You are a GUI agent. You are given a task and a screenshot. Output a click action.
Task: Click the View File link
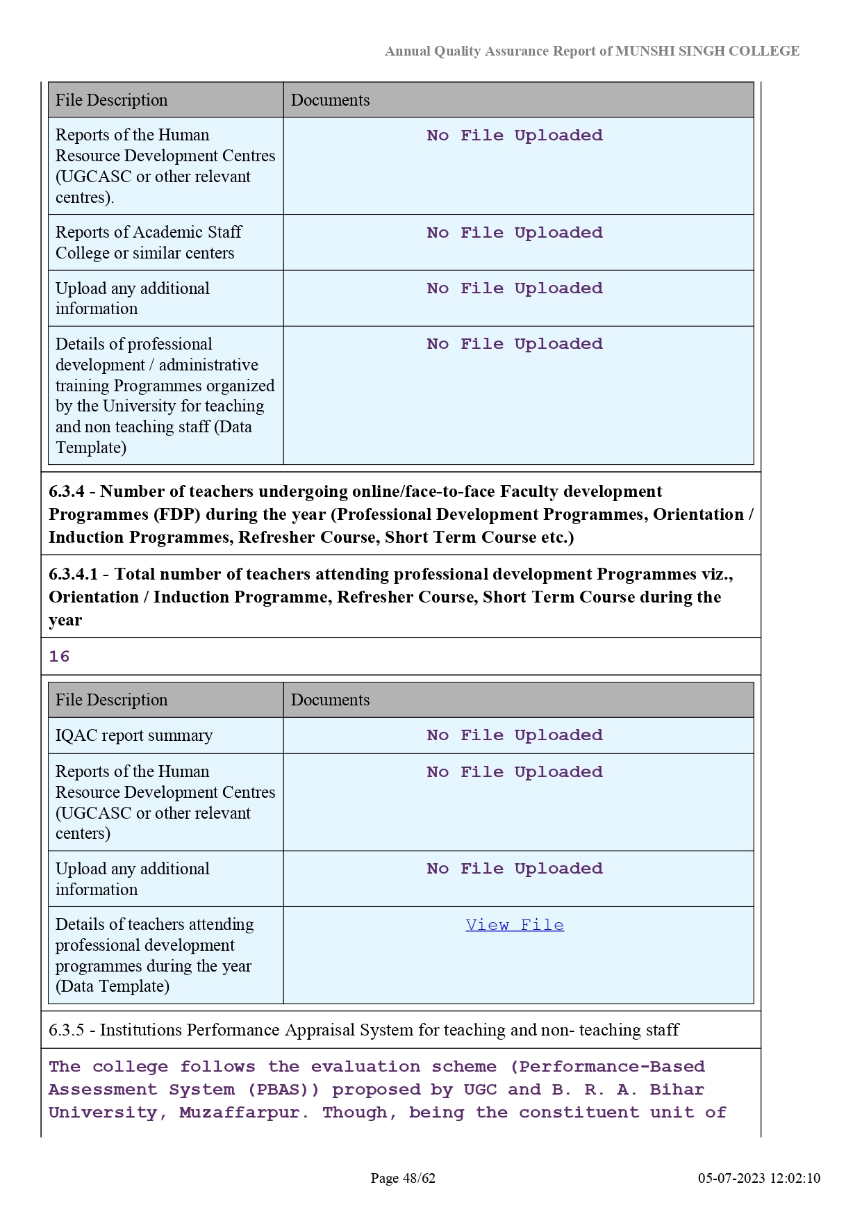click(515, 925)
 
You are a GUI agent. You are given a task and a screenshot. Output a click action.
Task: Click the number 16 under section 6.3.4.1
click(59, 657)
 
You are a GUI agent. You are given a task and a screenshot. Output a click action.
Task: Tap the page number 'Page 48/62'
click(403, 1178)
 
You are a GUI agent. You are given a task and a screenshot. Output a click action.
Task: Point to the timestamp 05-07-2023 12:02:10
click(759, 1178)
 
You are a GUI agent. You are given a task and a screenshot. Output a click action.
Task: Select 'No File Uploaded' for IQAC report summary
click(515, 735)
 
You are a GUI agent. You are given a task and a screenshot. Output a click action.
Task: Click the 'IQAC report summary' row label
click(134, 735)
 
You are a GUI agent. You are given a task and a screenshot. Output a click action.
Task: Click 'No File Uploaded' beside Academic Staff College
click(515, 233)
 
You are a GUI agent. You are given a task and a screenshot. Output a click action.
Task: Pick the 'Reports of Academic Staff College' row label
click(149, 243)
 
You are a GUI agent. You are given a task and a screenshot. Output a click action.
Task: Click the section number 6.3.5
click(67, 1030)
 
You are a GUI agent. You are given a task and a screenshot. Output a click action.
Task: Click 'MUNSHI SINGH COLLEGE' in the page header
click(707, 51)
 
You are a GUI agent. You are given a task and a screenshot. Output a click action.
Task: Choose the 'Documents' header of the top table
click(330, 100)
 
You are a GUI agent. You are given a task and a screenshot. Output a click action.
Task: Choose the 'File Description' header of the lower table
click(112, 700)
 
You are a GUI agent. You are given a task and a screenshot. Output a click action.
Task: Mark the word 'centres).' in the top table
click(85, 197)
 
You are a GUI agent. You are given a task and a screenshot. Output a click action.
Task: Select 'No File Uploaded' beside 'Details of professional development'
click(515, 344)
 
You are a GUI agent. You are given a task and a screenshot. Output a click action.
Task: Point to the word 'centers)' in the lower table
click(83, 833)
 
